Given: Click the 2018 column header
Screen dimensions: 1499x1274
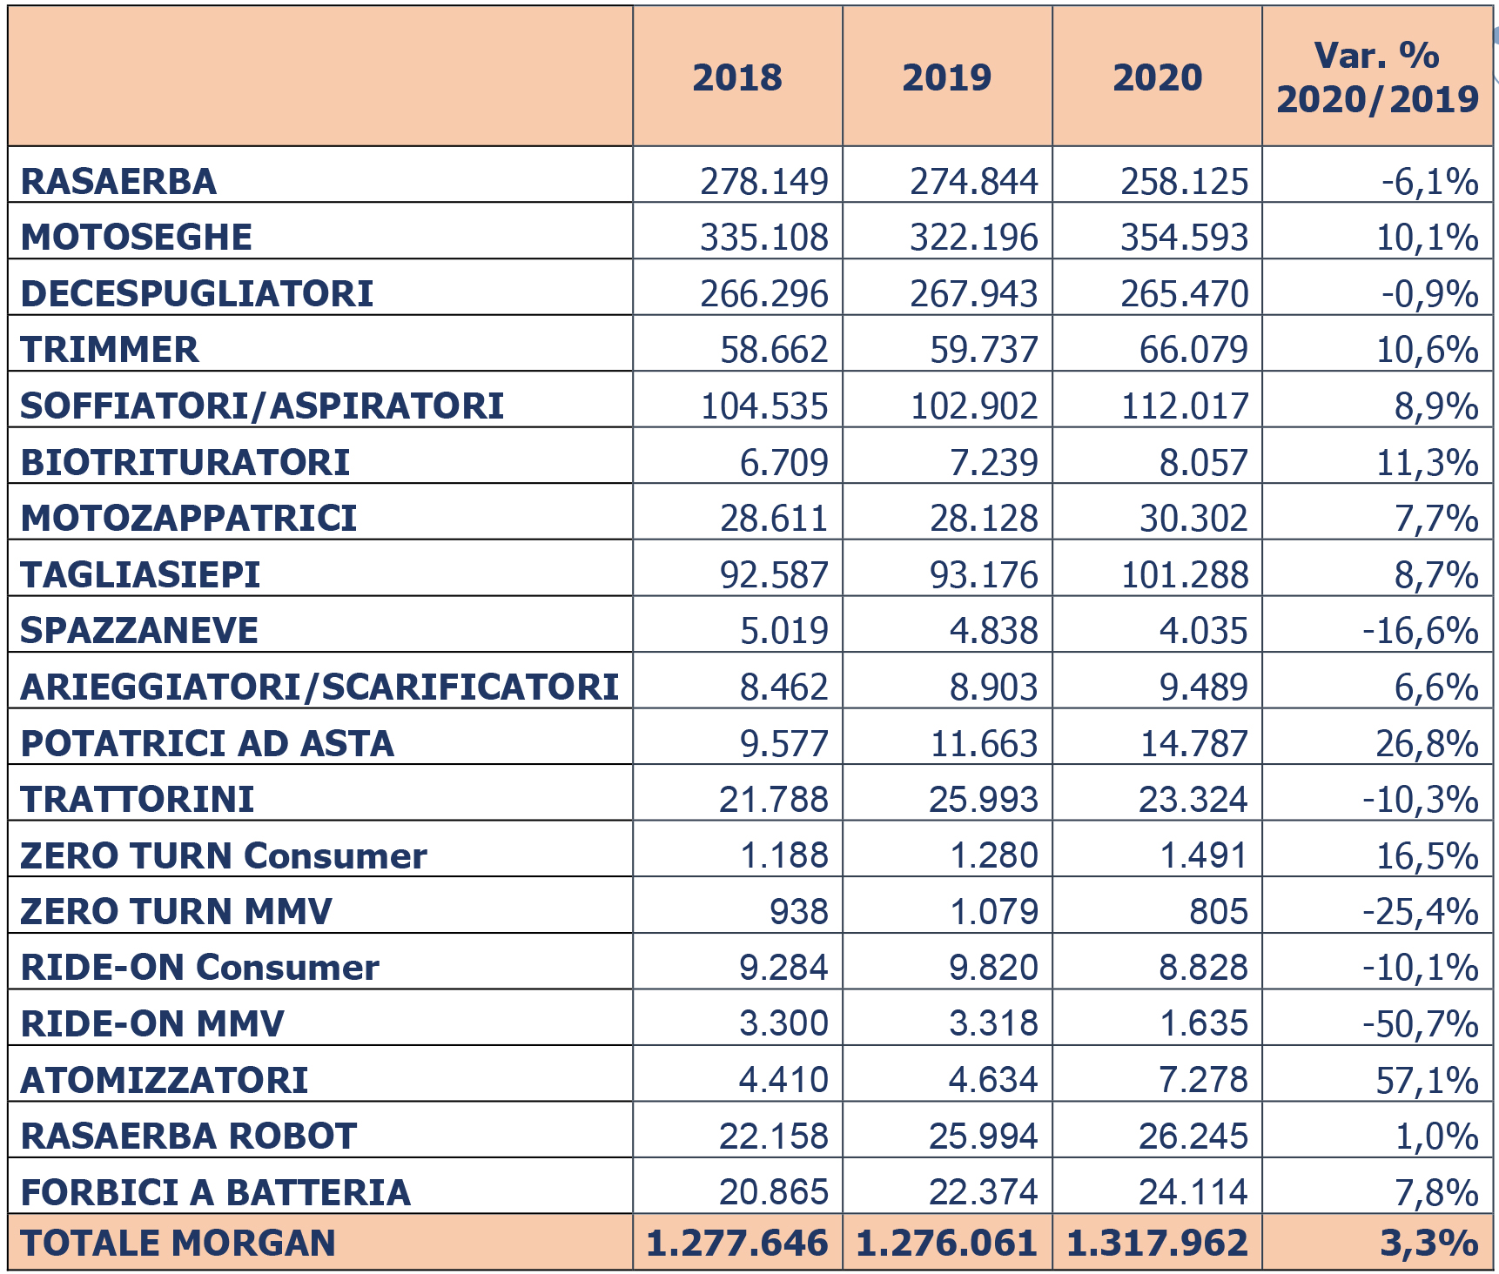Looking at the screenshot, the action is coord(737,77).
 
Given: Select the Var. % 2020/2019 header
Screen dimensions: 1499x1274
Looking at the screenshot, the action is coord(1377,77).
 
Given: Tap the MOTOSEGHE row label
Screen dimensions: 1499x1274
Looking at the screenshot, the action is coord(137,238).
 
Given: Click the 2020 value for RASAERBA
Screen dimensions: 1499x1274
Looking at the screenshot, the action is coord(1184,182).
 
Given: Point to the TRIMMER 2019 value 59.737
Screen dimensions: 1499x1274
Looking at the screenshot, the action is coord(984,350).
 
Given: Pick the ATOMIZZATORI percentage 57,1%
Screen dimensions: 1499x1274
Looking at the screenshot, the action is coord(1427,1080).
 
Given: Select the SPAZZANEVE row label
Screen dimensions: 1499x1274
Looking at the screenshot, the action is coord(139,631).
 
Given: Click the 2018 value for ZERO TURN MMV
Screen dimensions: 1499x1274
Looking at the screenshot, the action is coord(798,912).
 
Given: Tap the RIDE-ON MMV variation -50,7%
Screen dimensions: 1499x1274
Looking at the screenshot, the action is coord(1421,1024).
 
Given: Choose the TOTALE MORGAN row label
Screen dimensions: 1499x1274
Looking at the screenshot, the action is coord(178,1244).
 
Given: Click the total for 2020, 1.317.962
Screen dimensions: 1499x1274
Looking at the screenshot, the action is coord(1157,1244).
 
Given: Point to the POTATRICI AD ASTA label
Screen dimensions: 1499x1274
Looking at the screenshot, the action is coord(207,744).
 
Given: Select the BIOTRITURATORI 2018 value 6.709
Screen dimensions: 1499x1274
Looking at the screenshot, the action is coord(783,463).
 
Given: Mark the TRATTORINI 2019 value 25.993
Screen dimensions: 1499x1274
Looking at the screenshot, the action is coord(984,800).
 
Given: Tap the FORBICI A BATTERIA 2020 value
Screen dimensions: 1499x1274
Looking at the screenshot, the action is coord(1193,1192).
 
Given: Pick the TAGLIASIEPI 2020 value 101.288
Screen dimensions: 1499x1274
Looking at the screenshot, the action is coord(1185,575).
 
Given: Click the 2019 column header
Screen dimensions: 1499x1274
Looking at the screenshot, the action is coord(947,77).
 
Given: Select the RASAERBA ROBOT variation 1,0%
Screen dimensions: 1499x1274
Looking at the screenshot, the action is coord(1437,1137).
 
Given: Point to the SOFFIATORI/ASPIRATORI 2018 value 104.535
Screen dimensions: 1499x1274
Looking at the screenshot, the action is coord(764,406).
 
